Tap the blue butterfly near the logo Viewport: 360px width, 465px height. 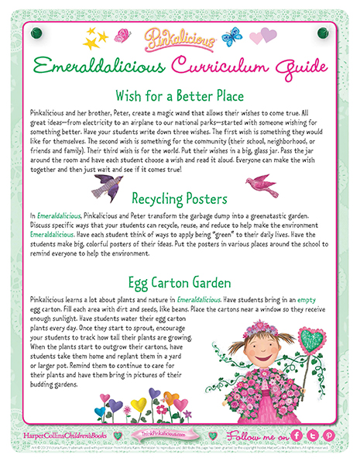coord(231,36)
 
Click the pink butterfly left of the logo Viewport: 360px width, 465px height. coord(122,35)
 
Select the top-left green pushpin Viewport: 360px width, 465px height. coord(35,33)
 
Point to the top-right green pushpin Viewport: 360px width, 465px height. coord(323,33)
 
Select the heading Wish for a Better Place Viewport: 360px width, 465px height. coord(179,96)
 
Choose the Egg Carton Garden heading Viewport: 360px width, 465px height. coord(180,281)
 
